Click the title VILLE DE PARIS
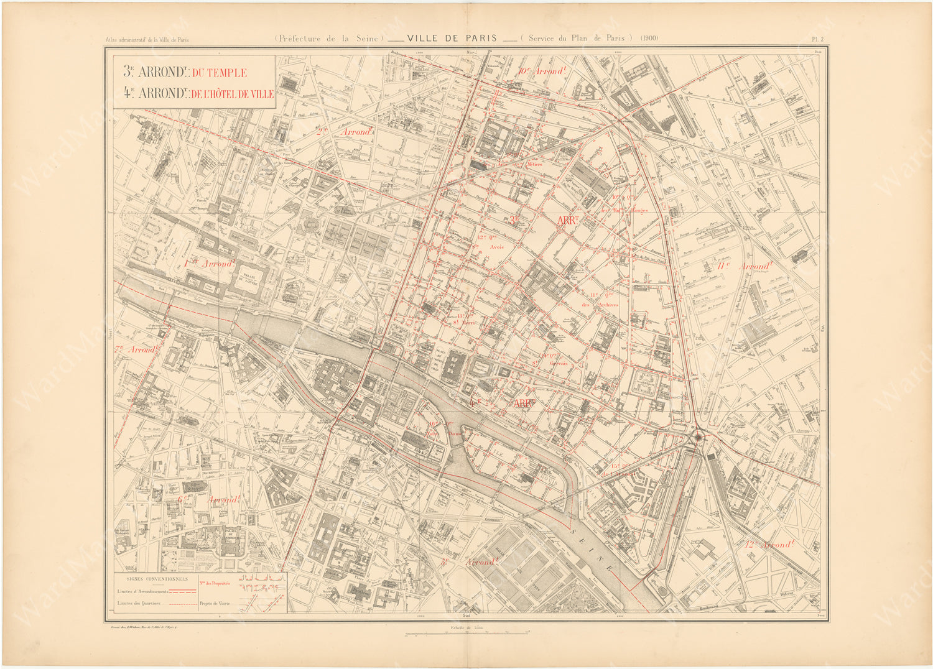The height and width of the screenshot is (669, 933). tap(452, 39)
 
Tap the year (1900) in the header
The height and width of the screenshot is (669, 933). tap(649, 38)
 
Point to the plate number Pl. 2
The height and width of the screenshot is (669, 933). tap(817, 39)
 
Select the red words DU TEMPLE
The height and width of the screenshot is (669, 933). tap(219, 73)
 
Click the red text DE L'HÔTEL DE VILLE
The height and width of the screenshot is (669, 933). tap(233, 94)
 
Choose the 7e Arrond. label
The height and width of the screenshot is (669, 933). tap(136, 349)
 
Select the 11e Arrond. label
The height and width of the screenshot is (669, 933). tap(743, 266)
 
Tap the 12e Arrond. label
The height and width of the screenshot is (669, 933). tap(769, 545)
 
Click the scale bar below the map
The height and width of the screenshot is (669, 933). tap(466, 634)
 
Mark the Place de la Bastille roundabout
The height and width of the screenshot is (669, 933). tap(698, 438)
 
